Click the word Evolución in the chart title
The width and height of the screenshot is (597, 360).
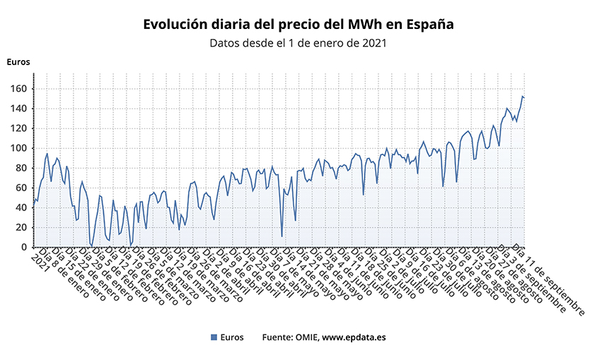click(x=176, y=24)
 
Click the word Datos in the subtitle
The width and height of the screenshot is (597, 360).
click(x=226, y=42)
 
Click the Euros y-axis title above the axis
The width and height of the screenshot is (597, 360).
click(x=18, y=62)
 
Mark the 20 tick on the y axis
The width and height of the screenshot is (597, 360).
click(x=21, y=227)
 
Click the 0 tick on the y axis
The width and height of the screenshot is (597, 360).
click(x=23, y=247)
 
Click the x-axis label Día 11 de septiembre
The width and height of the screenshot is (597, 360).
click(x=549, y=280)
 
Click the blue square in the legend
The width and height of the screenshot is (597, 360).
click(x=214, y=337)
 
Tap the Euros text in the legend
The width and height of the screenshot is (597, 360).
click(x=232, y=337)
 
